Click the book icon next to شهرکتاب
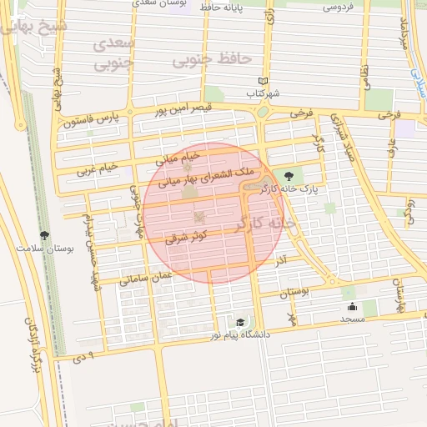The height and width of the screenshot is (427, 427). click(264, 80)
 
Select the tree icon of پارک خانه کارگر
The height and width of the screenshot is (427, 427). click(289, 175)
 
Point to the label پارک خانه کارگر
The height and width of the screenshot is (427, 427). click(289, 189)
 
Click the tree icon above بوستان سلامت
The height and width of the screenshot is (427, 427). click(44, 235)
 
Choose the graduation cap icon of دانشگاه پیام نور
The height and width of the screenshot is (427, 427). click(240, 322)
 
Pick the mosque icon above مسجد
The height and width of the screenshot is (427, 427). click(351, 306)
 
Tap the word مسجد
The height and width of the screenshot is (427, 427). click(351, 319)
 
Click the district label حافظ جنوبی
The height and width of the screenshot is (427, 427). click(212, 59)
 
